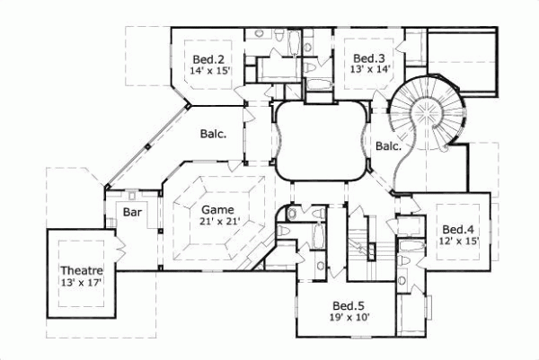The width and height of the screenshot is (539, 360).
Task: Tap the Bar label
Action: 133,214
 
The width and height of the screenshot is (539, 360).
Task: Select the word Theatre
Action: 82,270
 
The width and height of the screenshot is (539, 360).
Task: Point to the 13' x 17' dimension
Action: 82,284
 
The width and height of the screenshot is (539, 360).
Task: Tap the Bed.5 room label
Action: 348,304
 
